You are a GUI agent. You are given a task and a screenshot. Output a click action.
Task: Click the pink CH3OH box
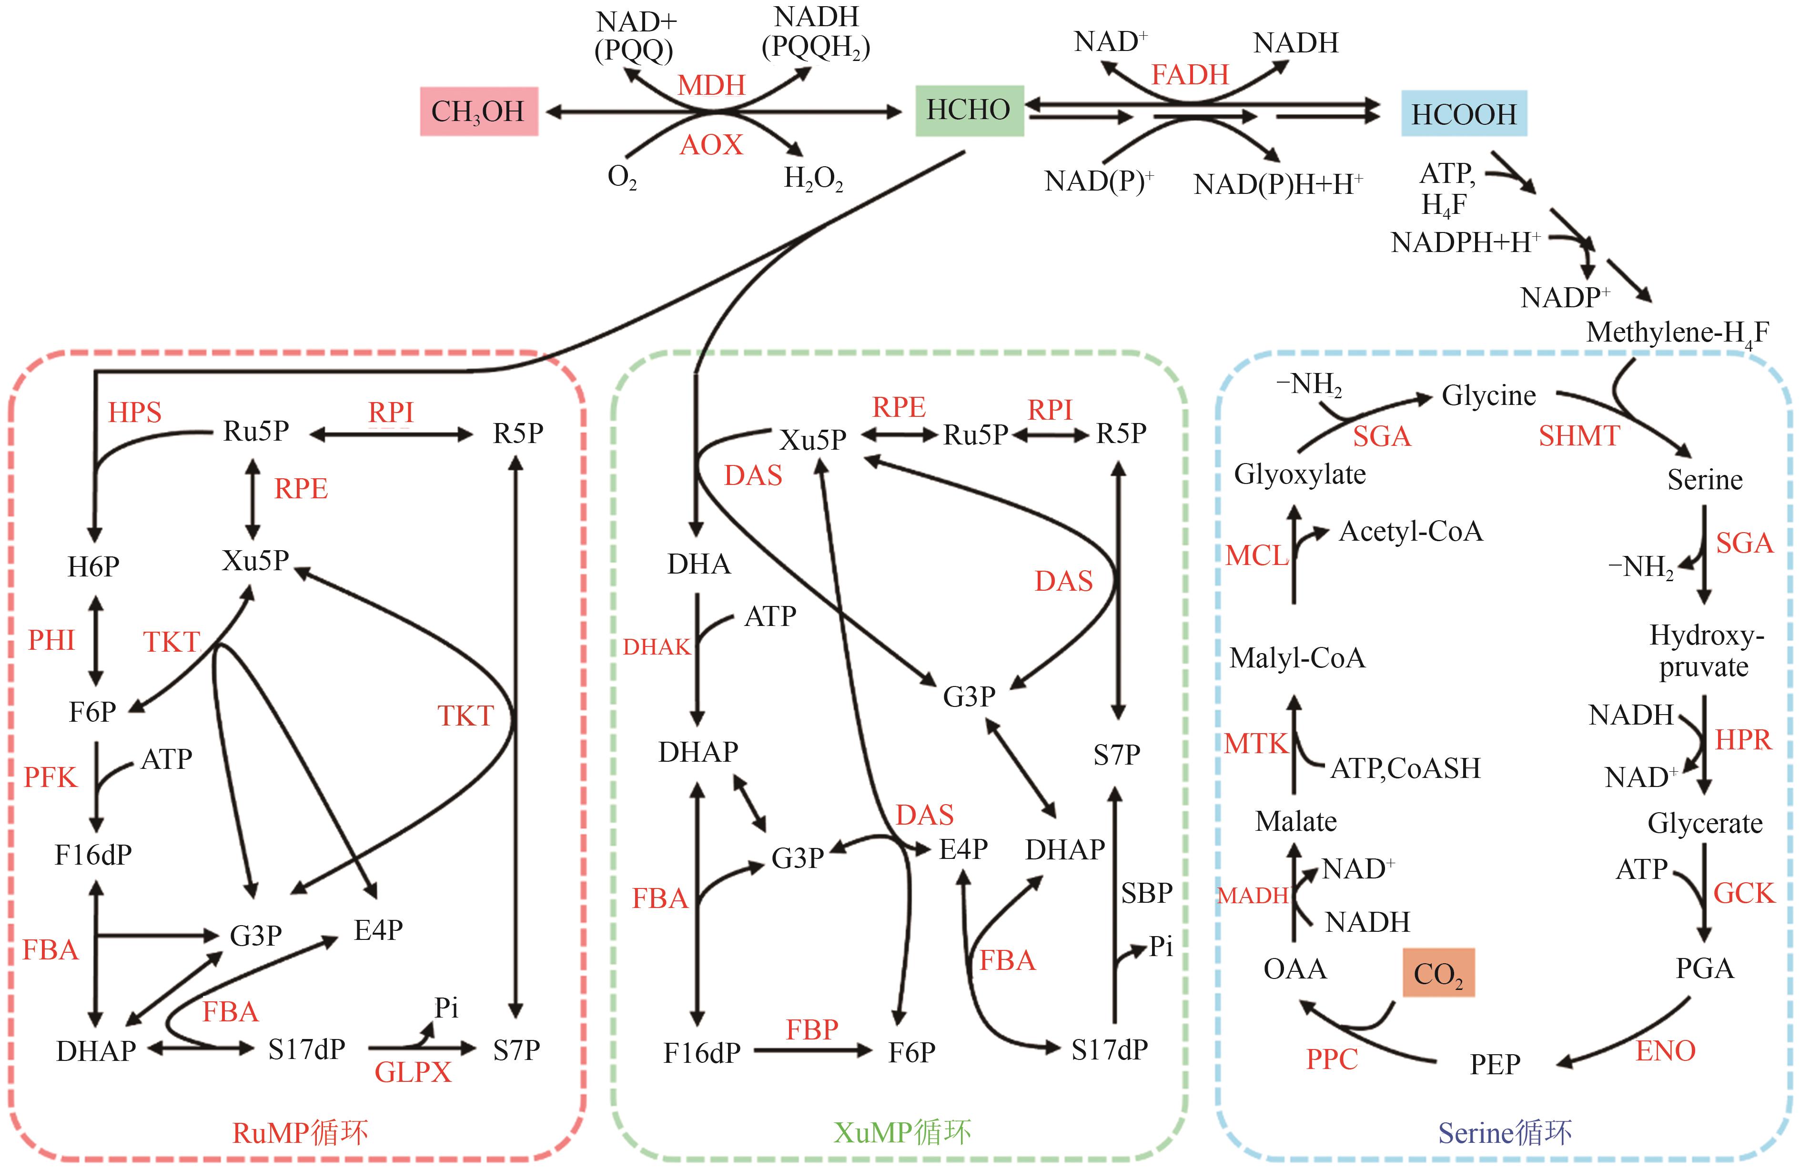click(x=479, y=111)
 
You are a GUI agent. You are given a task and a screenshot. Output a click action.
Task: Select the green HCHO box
click(x=969, y=111)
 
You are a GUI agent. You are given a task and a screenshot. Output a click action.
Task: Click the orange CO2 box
click(x=1438, y=973)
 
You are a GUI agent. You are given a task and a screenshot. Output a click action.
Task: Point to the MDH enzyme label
click(x=711, y=85)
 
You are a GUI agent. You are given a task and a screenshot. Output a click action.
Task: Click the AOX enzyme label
click(x=711, y=144)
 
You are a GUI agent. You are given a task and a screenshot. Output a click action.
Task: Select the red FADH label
click(x=1190, y=75)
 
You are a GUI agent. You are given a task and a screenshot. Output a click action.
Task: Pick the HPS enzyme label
click(x=135, y=412)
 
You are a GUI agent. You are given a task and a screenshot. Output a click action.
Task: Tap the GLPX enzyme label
click(x=413, y=1072)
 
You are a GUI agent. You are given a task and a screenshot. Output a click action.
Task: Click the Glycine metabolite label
click(x=1488, y=395)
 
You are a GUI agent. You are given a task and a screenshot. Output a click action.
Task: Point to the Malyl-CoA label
click(x=1297, y=658)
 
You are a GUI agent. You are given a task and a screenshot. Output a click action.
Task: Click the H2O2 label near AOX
click(x=813, y=179)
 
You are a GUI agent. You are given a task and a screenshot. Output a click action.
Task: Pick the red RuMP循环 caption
click(x=300, y=1132)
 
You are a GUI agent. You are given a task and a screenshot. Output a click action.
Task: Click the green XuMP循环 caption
click(x=901, y=1132)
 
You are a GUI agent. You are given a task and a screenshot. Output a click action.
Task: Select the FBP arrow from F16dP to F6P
click(x=812, y=1050)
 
